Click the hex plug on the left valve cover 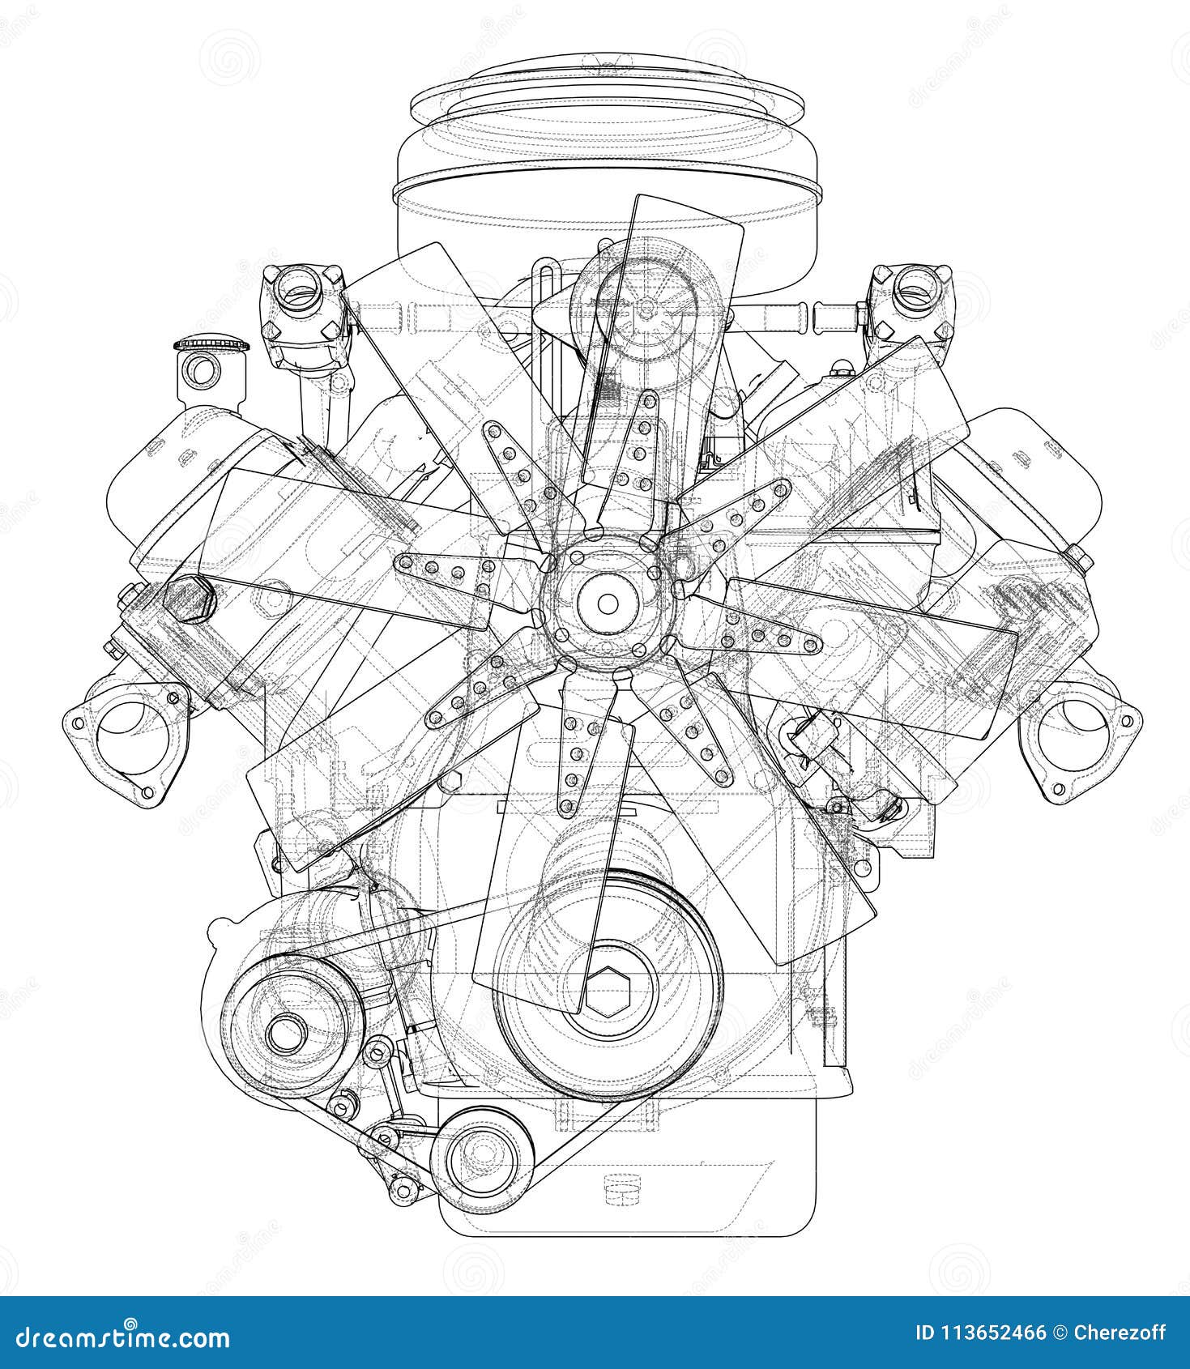tap(189, 599)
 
